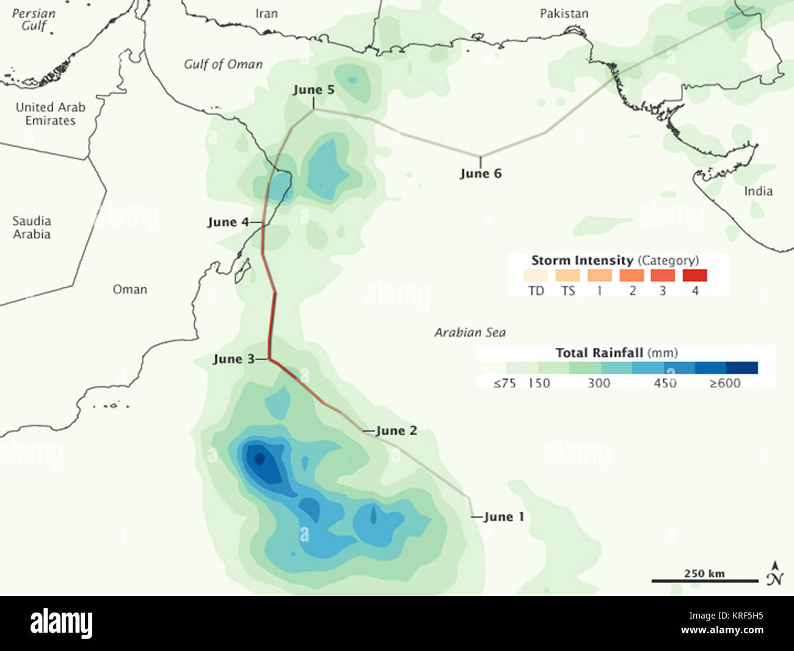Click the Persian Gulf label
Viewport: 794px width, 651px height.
click(34, 20)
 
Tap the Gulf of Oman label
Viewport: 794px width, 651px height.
click(224, 64)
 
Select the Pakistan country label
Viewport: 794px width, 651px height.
click(564, 13)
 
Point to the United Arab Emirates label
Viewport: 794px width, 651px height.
click(51, 114)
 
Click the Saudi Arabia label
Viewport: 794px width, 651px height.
click(32, 227)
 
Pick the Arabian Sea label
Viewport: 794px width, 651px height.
click(470, 333)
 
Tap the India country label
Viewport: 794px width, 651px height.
click(758, 191)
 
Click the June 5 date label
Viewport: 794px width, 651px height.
click(313, 90)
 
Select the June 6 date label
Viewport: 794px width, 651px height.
click(481, 174)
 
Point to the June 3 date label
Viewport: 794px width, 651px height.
click(233, 359)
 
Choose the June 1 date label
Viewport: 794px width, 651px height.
click(503, 517)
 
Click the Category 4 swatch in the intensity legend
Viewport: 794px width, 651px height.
click(694, 276)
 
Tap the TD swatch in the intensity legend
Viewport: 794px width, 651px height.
click(536, 276)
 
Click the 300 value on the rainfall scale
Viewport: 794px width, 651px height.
click(599, 383)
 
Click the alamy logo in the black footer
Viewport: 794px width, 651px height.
click(62, 623)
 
